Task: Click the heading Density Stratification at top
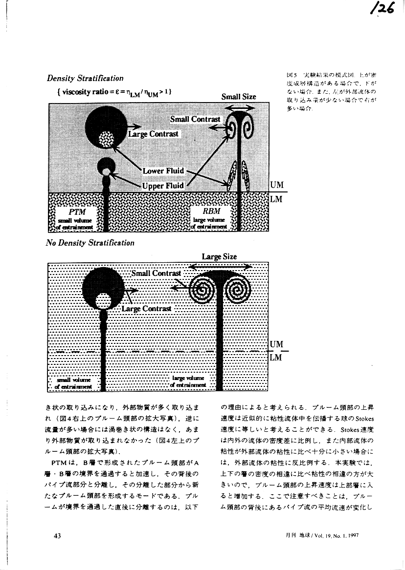[85, 78]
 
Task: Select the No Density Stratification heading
[90, 243]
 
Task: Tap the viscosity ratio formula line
[115, 91]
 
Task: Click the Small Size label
[239, 97]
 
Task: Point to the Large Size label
[219, 256]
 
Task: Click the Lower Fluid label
[163, 171]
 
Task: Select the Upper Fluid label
[163, 185]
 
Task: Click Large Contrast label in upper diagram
[153, 133]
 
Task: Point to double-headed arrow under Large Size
[221, 266]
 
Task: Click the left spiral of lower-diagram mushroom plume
[201, 290]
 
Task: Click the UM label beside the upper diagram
[276, 185]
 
